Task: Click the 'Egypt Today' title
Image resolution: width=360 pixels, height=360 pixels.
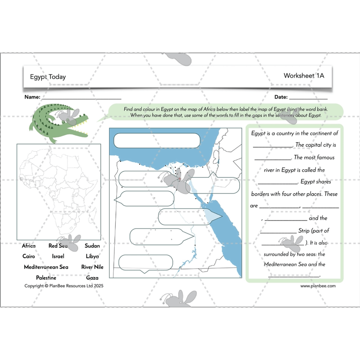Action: coord(48,77)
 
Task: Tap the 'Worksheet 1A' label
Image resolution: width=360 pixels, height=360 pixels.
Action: coord(304,76)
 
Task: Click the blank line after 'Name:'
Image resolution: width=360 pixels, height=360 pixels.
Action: coord(81,98)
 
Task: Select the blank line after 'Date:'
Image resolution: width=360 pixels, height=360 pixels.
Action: coord(308,98)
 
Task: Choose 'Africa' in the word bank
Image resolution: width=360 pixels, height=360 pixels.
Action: coord(29,246)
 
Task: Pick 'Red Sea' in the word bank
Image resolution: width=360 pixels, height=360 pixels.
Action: coord(58,246)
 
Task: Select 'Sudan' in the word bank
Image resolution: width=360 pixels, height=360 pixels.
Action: coord(92,246)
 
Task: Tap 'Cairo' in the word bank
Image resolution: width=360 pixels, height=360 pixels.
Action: coord(28,256)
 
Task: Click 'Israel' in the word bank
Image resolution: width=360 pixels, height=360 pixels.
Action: coord(58,256)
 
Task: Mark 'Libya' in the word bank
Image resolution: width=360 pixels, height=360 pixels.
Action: coord(92,256)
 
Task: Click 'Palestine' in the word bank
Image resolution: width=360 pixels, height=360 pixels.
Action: coord(46,278)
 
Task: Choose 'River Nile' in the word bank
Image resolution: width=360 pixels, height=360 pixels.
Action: coord(92,267)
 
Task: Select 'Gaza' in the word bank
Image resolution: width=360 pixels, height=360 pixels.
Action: coord(92,278)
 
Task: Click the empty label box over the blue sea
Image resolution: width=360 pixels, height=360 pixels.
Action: coord(157,140)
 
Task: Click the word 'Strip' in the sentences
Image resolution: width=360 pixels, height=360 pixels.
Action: coord(307,231)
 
